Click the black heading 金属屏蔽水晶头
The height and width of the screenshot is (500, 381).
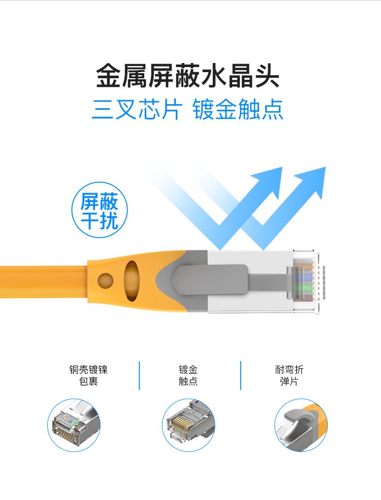coord(188,76)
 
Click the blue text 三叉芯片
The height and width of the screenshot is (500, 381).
coord(137,109)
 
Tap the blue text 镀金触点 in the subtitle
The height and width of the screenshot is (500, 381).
coord(238,109)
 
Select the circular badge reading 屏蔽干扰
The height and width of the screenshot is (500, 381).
coord(100,210)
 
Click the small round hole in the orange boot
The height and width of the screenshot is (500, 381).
coord(106,281)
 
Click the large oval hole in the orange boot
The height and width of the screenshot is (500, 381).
coord(132,280)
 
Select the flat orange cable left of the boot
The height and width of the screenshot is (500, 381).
coord(44,282)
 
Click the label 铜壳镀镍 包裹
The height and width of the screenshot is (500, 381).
coord(88,376)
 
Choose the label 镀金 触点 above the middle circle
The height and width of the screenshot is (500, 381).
coord(188,376)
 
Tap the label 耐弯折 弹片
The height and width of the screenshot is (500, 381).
coord(289,376)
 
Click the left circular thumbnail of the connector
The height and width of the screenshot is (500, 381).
coord(74,425)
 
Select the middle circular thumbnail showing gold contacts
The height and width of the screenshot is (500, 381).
coord(188,425)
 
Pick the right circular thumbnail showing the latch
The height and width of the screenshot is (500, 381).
coord(301,425)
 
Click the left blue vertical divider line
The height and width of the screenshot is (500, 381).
coord(139,376)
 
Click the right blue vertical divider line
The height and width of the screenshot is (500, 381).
coord(240,376)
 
